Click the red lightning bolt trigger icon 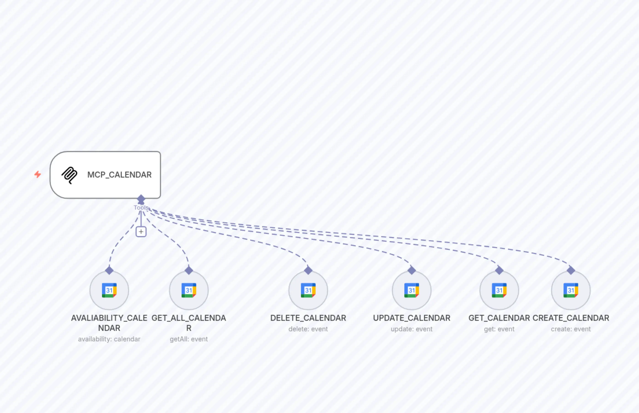(x=38, y=175)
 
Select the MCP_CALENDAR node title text (x=119, y=175)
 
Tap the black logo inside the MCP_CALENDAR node (x=70, y=175)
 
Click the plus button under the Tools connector (x=141, y=232)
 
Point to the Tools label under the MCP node (x=141, y=208)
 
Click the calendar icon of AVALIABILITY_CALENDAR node (x=109, y=290)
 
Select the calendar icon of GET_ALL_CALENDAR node (x=189, y=290)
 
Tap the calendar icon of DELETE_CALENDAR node (x=308, y=290)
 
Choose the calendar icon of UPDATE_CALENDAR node (x=411, y=290)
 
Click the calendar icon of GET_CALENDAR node (x=499, y=290)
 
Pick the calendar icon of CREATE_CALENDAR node (x=571, y=290)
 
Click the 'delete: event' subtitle (x=308, y=329)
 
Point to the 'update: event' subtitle (x=411, y=329)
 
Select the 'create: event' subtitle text (x=571, y=329)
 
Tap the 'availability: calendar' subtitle (x=109, y=339)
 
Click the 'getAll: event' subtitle (x=189, y=339)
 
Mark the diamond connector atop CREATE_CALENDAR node (x=571, y=270)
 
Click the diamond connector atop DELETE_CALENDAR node (x=308, y=270)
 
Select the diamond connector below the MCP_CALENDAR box (x=141, y=199)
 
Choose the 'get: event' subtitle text (x=499, y=329)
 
